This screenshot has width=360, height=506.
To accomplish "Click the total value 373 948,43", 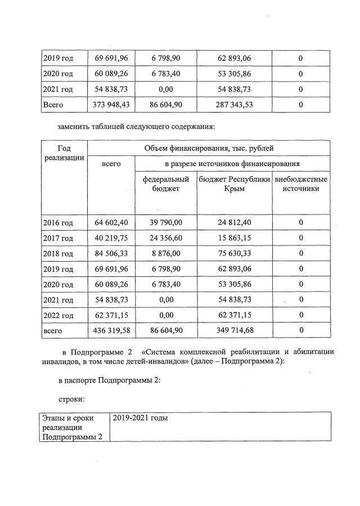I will (111, 105).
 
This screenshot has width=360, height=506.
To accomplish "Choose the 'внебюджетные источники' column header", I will (301, 184).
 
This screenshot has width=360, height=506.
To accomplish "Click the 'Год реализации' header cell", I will (64, 153).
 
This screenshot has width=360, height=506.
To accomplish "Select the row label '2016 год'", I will (57, 223).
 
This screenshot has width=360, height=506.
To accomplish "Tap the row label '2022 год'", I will (57, 315).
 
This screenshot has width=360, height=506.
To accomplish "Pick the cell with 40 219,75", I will (111, 238).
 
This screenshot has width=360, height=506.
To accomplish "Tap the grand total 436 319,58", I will (111, 330).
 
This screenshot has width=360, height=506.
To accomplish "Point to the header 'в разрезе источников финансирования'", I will (232, 164).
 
